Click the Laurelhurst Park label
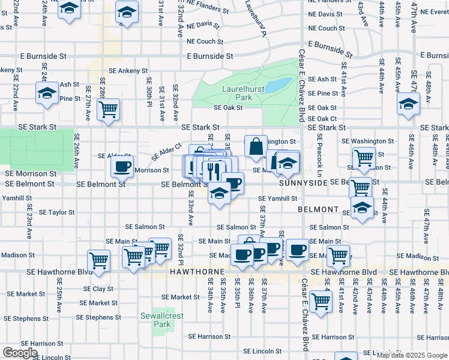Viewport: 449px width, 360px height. coord(236,92)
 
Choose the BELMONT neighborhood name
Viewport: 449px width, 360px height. coord(319,209)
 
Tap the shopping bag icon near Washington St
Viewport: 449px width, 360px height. coord(256,146)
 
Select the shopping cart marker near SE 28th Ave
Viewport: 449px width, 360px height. coord(109,109)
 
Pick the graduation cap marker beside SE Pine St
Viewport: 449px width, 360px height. coord(47,93)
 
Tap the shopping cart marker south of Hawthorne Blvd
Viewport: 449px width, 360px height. coord(322,301)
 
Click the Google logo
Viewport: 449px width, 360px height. coord(20,353)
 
